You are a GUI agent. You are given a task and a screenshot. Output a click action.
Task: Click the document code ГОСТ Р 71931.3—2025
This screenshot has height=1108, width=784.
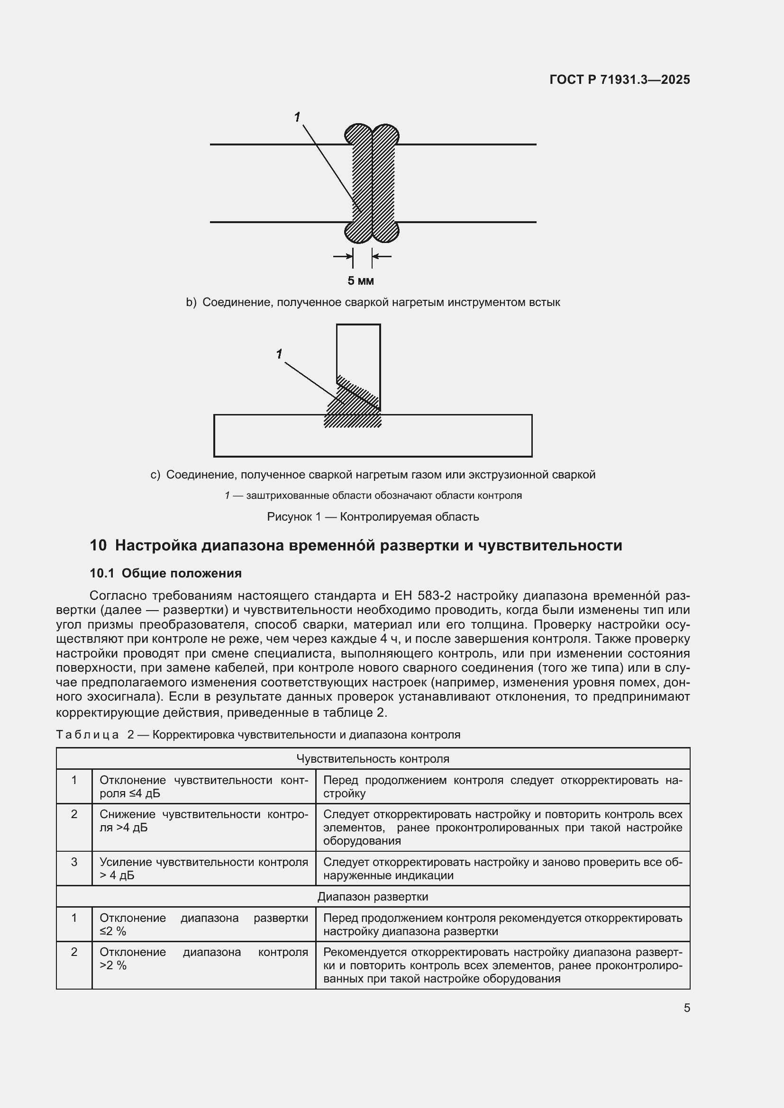[x=620, y=80]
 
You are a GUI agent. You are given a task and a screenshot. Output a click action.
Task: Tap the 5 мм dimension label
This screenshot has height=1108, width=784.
[x=361, y=281]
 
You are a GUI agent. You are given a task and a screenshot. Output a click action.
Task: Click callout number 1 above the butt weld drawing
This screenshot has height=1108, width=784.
[x=297, y=117]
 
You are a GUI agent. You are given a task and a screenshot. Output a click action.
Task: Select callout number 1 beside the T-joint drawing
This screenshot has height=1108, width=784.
[x=279, y=354]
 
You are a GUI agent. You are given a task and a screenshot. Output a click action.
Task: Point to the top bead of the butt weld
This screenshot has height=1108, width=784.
[x=372, y=133]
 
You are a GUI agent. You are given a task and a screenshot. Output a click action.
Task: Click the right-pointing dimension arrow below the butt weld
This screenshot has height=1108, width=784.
[x=343, y=256]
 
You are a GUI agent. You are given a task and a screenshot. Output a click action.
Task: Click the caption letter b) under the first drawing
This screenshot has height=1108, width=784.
[x=191, y=303]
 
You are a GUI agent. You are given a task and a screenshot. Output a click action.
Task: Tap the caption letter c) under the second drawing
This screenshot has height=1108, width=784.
[x=155, y=475]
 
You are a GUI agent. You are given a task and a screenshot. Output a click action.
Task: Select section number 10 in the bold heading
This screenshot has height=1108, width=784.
[x=98, y=545]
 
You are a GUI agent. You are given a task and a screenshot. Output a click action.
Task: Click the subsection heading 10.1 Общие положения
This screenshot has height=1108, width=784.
[x=165, y=573]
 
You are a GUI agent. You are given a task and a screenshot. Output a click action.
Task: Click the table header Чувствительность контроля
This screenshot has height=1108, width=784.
[x=373, y=758]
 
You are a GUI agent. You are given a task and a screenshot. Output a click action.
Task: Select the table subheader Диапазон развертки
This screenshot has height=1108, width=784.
[x=373, y=897]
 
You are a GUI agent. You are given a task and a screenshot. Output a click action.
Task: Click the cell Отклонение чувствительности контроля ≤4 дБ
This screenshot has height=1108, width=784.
[x=203, y=787]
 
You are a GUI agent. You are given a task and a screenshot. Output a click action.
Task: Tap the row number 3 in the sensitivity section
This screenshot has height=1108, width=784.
[x=74, y=862]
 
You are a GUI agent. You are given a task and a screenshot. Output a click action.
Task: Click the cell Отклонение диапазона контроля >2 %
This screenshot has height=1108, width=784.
[x=203, y=959]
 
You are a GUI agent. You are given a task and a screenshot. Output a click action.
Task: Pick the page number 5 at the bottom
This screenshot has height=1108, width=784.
[x=686, y=1008]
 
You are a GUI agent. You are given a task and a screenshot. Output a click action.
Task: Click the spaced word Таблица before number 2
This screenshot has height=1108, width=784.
[x=87, y=735]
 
